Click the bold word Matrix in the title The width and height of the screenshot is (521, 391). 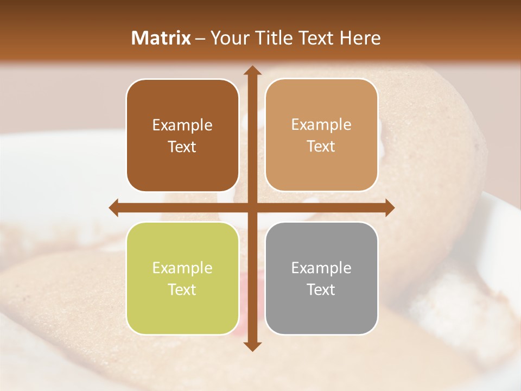coord(161,38)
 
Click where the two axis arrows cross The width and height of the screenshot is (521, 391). coord(252,207)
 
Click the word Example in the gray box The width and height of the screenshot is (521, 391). coord(321,268)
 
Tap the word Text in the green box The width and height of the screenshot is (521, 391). coord(182,289)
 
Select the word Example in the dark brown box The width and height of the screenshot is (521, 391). coord(182,125)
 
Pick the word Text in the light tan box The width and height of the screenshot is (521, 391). coord(321,147)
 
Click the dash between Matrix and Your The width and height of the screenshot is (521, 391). coord(201,39)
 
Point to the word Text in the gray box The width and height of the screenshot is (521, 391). coord(321,289)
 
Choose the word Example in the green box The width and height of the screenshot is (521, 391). coord(182,268)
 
